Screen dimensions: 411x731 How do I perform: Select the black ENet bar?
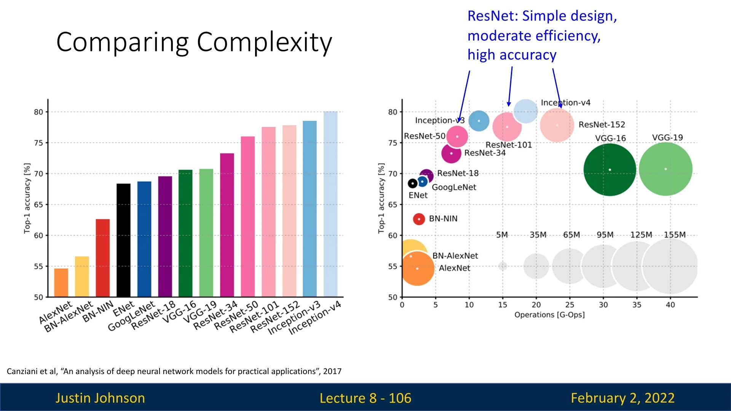pyautogui.click(x=123, y=240)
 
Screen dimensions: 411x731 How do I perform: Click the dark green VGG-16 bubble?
pyautogui.click(x=610, y=170)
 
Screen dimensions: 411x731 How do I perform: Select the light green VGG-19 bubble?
pyautogui.click(x=666, y=169)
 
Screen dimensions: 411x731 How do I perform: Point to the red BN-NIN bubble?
pyautogui.click(x=419, y=219)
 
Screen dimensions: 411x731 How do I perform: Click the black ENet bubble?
pyautogui.click(x=412, y=183)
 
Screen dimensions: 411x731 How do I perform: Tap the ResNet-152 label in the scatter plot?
pyautogui.click(x=602, y=124)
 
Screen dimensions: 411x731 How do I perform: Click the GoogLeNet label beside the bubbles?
pyautogui.click(x=454, y=187)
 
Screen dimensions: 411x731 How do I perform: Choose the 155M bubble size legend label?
pyautogui.click(x=675, y=235)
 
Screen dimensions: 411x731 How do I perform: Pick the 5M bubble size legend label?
pyautogui.click(x=502, y=235)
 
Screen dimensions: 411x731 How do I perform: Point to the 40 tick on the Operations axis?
pyautogui.click(x=670, y=305)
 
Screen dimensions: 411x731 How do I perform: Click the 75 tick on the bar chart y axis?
pyautogui.click(x=38, y=143)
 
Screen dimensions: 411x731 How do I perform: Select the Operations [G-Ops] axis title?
pyautogui.click(x=549, y=315)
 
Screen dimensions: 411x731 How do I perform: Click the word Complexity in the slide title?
pyautogui.click(x=264, y=42)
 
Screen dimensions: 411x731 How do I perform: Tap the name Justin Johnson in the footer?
pyautogui.click(x=100, y=398)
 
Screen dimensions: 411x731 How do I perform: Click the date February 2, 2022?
pyautogui.click(x=622, y=398)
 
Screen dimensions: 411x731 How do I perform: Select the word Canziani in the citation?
pyautogui.click(x=22, y=371)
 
